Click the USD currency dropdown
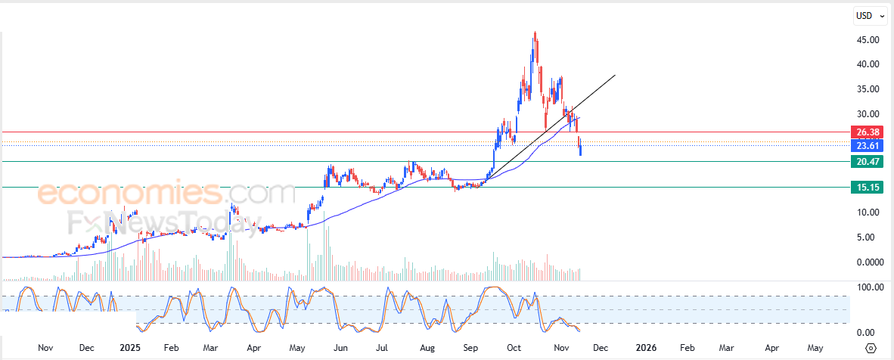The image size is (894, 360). pos(869,15)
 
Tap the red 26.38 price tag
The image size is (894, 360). pos(865,132)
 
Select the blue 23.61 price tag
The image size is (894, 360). pos(865,146)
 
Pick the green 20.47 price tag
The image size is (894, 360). pos(865,161)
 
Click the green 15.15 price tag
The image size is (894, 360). pos(865,187)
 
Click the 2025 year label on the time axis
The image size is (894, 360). pos(130,348)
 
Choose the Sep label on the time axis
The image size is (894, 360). pos(471,348)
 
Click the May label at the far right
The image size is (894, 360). pos(815,348)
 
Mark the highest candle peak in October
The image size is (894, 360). pos(535,33)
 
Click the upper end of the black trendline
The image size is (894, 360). pos(615,75)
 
